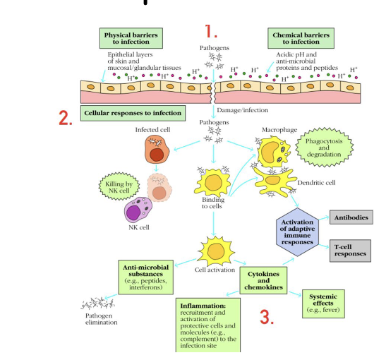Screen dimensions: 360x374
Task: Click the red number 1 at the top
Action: click(x=210, y=31)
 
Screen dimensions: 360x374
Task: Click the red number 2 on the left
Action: click(x=65, y=117)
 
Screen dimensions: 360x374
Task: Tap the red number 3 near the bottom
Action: click(x=266, y=317)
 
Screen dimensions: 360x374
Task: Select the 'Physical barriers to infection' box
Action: click(x=131, y=37)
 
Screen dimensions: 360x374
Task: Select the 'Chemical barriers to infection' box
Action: click(x=301, y=37)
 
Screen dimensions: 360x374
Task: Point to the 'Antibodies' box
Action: click(x=351, y=218)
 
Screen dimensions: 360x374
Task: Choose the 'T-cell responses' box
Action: click(x=351, y=249)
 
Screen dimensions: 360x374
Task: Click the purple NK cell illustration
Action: click(x=138, y=211)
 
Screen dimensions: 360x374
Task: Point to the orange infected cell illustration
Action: click(x=157, y=150)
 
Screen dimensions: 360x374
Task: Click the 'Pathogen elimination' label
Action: click(x=97, y=319)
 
